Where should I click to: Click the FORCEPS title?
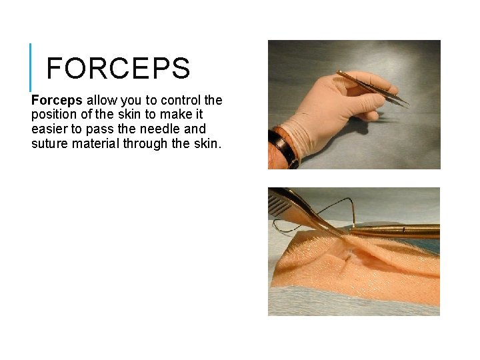click(119, 69)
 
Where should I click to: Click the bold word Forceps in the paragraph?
click(57, 101)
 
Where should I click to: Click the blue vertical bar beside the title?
click(31, 67)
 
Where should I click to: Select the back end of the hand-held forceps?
click(340, 73)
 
